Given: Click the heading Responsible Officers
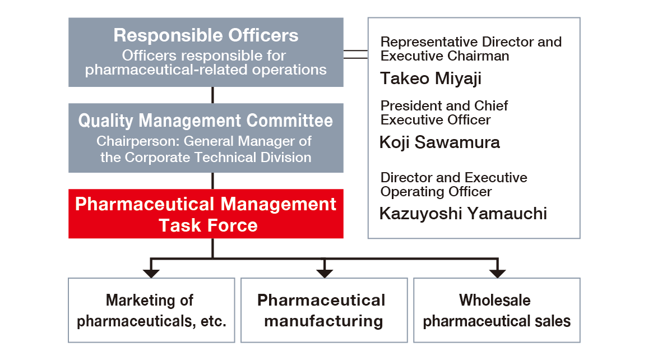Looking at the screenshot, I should tap(206, 35).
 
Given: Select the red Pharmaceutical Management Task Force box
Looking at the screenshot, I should tap(206, 214).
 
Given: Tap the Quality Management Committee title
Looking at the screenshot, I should tap(206, 121).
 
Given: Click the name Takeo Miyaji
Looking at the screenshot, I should tap(431, 79).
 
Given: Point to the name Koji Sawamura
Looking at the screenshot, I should tap(439, 142).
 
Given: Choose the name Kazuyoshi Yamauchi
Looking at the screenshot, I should tap(463, 214).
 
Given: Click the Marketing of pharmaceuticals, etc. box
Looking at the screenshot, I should tap(151, 310).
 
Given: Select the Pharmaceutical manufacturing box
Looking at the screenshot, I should tap(324, 310).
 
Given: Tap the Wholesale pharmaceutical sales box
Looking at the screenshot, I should tap(497, 310).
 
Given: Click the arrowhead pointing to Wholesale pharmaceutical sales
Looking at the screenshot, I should tap(497, 273).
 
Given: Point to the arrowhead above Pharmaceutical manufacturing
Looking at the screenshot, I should tap(325, 273).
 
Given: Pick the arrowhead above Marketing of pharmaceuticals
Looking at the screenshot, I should tap(151, 273).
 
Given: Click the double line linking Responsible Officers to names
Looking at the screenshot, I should tap(355, 54).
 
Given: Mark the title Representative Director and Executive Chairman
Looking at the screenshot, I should tap(471, 49).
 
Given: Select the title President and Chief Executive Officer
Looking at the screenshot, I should tap(444, 113).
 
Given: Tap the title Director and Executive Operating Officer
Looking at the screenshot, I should tap(453, 184).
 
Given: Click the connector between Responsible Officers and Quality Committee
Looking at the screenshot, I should tap(212, 95).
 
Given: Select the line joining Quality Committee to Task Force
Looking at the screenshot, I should tap(212, 181).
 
